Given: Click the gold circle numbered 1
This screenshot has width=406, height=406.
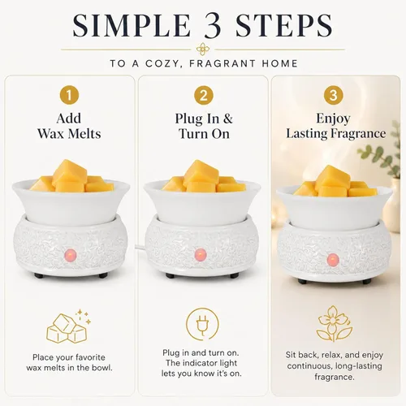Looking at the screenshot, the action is click(69, 95).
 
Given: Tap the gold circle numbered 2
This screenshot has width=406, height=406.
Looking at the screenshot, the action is click(204, 95).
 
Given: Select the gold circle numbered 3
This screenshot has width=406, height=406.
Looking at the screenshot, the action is click(334, 95).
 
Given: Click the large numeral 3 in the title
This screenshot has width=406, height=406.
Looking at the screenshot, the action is click(213, 25).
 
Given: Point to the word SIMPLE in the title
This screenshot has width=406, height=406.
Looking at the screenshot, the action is click(132, 25).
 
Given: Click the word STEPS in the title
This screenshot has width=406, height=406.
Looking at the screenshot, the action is click(284, 25).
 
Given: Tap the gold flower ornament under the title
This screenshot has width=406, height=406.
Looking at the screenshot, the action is click(203, 50).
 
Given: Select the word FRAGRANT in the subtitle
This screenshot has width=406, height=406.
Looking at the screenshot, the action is click(222, 63).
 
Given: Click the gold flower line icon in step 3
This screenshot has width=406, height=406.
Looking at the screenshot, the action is click(335, 323).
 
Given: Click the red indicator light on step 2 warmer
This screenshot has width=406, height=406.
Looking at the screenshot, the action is click(201, 254).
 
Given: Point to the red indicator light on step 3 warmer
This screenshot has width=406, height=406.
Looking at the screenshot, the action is click(333, 260).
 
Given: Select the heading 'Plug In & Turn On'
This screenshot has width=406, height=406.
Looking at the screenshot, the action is click(204, 126).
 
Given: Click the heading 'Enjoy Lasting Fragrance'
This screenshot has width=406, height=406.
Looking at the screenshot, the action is click(335, 126).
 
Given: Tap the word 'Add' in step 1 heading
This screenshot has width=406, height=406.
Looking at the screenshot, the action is click(69, 119).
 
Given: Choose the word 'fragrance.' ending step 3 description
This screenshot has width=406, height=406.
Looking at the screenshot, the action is click(335, 377).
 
